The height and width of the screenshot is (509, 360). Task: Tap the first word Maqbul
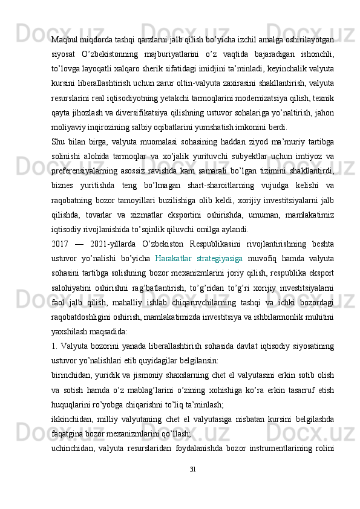click(x=66, y=39)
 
